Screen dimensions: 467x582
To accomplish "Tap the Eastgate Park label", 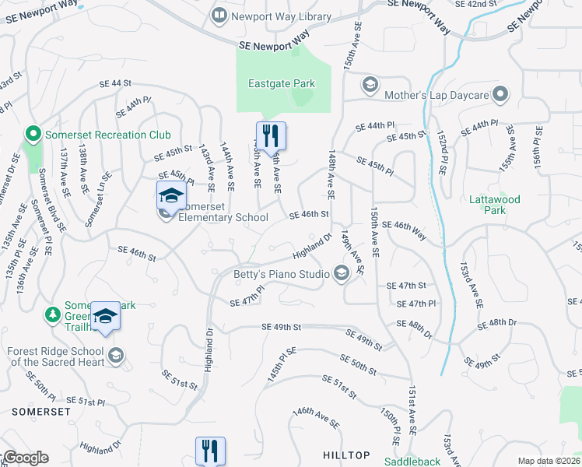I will point(281,83).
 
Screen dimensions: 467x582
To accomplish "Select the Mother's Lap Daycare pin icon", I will point(500,95).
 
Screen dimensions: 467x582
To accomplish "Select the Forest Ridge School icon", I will point(115,356).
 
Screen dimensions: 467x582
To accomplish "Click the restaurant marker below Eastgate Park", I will point(271,135).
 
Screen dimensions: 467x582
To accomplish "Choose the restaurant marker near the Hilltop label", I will point(210,451).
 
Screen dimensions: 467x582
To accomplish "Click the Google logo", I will point(25,458).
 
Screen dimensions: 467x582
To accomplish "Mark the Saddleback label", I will point(412,461).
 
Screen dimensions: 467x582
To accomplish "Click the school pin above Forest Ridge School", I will point(105,316).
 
